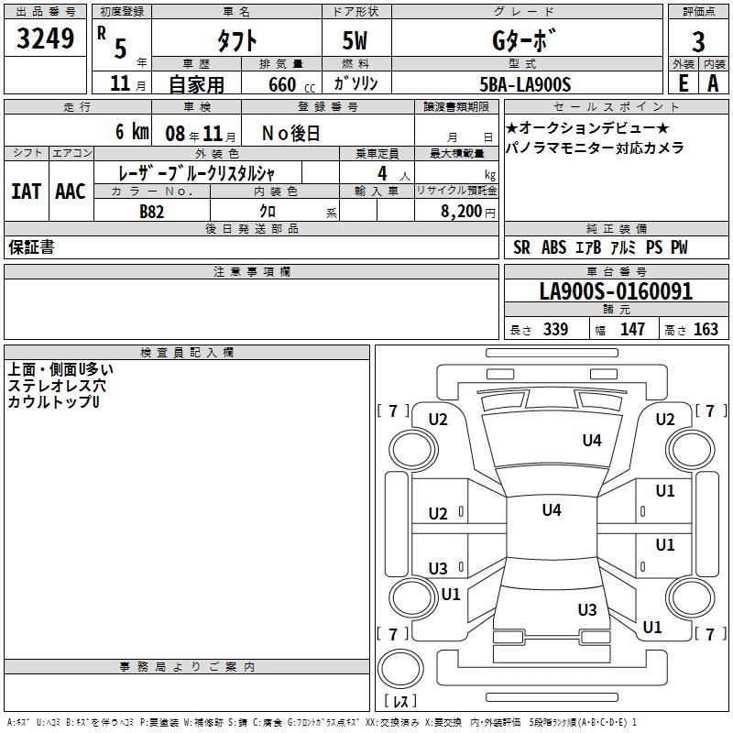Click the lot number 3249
coord(46,38)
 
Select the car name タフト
coord(236,39)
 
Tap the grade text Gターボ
coord(525,39)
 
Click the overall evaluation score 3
coord(698,41)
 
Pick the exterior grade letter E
coord(683,83)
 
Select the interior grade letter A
coord(713,83)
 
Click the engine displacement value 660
coord(282,84)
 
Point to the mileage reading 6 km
coord(132,132)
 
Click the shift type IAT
coord(26,191)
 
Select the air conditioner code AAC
coord(71,191)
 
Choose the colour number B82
coord(152,211)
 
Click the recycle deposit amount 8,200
coord(461,211)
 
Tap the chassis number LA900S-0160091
coord(616,292)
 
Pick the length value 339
coord(555,330)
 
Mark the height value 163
coord(706,330)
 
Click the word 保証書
coord(31,247)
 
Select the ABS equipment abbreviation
coord(553,247)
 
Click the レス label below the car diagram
coord(400,702)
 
